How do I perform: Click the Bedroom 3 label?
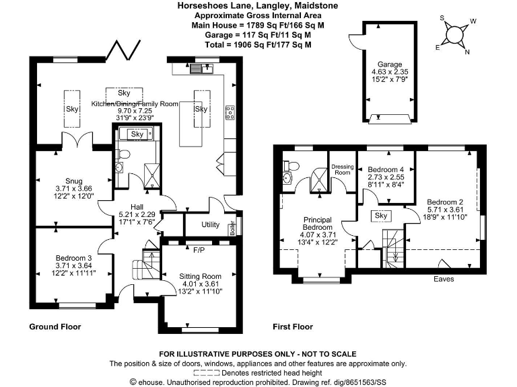67,257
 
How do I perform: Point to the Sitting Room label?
200,275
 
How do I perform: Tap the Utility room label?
211,224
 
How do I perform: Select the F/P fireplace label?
199,251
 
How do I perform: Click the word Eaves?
443,278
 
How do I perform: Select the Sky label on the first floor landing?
381,216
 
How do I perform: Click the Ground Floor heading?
55,327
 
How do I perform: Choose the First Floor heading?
293,327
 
